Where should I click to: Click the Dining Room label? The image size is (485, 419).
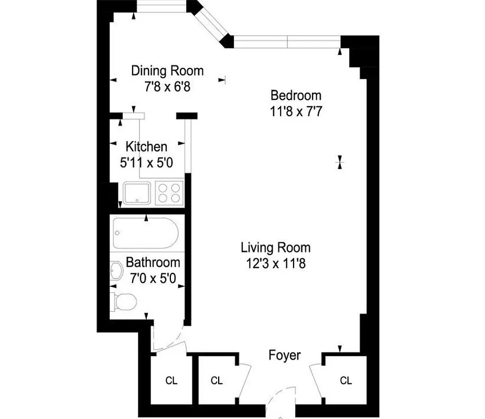tap(167, 71)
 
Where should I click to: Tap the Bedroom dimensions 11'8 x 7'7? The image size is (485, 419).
tap(296, 112)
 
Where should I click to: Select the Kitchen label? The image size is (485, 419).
tap(146, 147)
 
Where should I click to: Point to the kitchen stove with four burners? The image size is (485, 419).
tap(169, 192)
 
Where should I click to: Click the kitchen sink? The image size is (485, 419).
tap(137, 192)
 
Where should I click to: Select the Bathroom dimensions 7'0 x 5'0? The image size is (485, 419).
tap(152, 278)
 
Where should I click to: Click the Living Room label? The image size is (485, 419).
tap(275, 247)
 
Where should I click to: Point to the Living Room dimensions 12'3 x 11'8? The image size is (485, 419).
tap(275, 263)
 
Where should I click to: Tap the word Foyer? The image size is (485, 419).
tap(285, 356)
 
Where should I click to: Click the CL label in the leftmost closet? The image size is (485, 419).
tap(171, 381)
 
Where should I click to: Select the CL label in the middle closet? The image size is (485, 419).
tap(217, 381)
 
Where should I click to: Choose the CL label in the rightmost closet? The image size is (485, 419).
tap(346, 381)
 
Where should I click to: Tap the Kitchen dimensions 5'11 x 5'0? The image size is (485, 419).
tap(146, 163)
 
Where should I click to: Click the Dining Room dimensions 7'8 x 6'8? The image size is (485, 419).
tap(167, 87)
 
